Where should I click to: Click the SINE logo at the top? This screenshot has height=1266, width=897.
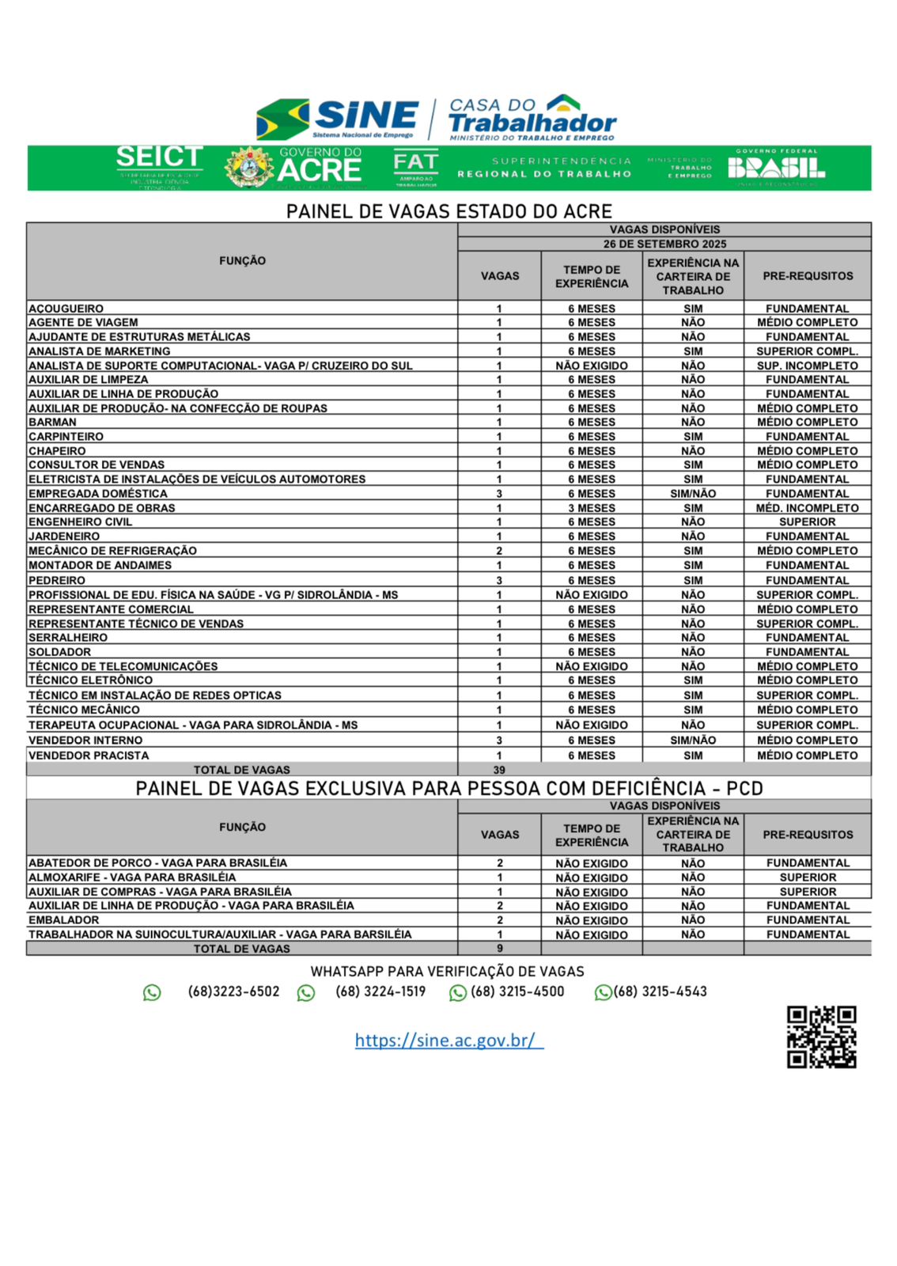pos(339,119)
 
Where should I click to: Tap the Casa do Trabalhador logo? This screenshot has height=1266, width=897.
pos(532,118)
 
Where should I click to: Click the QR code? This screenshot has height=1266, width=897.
pos(821,1037)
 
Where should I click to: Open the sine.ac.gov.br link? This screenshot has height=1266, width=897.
pos(448,1040)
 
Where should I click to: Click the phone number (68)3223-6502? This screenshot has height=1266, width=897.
pos(233,991)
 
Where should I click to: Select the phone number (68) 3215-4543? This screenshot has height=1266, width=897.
pos(660,991)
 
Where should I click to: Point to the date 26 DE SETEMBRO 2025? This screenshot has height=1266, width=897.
pos(664,244)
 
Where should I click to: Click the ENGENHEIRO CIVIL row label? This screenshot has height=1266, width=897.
pos(81,522)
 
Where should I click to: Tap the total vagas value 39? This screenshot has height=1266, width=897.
pos(499,770)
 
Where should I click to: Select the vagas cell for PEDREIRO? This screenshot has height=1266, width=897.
pos(499,580)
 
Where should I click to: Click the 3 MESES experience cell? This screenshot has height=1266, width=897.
pos(591,508)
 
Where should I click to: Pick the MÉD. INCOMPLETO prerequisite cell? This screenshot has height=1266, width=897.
pos(807,508)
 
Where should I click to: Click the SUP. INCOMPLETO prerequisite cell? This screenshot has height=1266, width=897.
pos(807,366)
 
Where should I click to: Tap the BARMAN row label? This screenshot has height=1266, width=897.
pos(53,423)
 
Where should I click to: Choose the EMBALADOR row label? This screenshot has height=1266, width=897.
pos(64,920)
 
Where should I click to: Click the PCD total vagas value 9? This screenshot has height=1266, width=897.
pos(499,948)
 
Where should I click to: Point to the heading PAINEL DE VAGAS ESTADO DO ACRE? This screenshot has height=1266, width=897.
pos(448,211)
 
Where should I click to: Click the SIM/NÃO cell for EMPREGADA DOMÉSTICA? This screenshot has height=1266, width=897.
pos(692,494)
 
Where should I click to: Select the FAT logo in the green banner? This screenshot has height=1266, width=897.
pos(415,167)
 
